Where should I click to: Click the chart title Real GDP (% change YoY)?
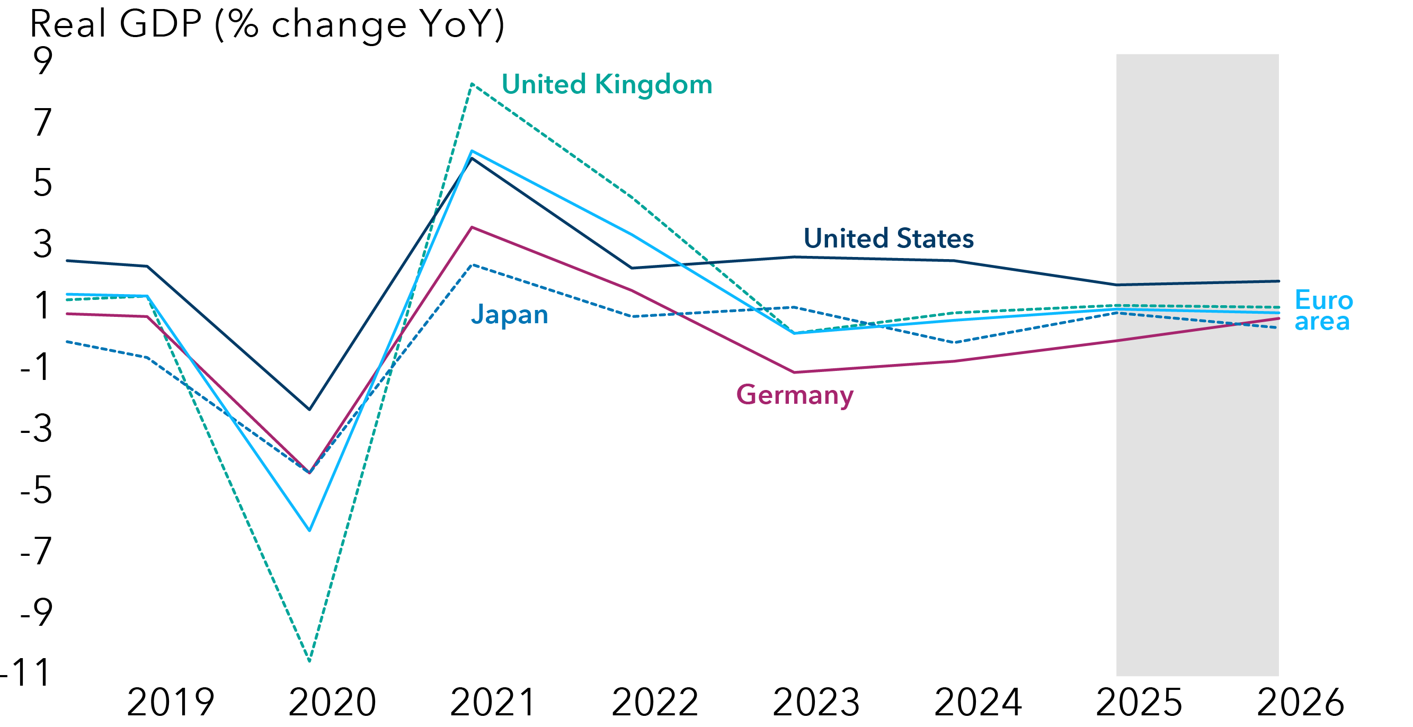point(267,25)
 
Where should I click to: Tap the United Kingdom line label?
point(607,85)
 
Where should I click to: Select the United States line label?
point(888,238)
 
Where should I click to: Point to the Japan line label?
point(510,315)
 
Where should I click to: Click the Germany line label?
point(794,395)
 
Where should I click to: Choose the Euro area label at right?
point(1323,311)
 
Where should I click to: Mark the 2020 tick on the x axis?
point(332,703)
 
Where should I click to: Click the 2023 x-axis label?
point(816,703)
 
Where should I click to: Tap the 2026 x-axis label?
point(1300,703)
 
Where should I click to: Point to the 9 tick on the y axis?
point(43,61)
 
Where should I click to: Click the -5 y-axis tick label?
point(36,490)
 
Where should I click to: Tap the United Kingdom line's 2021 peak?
point(472,84)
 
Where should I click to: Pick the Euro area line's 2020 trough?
point(309,530)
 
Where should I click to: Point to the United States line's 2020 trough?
point(309,409)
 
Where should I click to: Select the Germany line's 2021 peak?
point(472,227)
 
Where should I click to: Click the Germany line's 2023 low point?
point(794,373)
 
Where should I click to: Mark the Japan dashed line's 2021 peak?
point(472,265)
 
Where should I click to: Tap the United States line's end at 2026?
point(1278,281)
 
